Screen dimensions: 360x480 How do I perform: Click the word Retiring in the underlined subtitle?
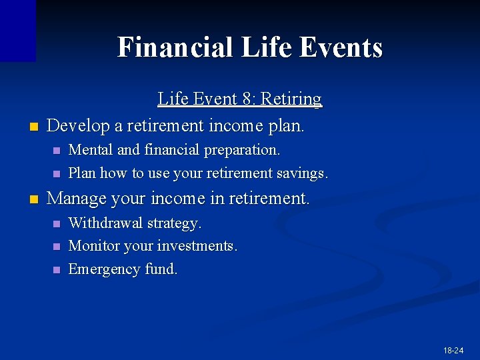tap(291, 99)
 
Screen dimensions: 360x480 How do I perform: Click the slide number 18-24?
tap(453, 350)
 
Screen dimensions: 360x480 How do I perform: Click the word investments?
tap(197, 246)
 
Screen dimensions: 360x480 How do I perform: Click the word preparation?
tap(242, 150)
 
